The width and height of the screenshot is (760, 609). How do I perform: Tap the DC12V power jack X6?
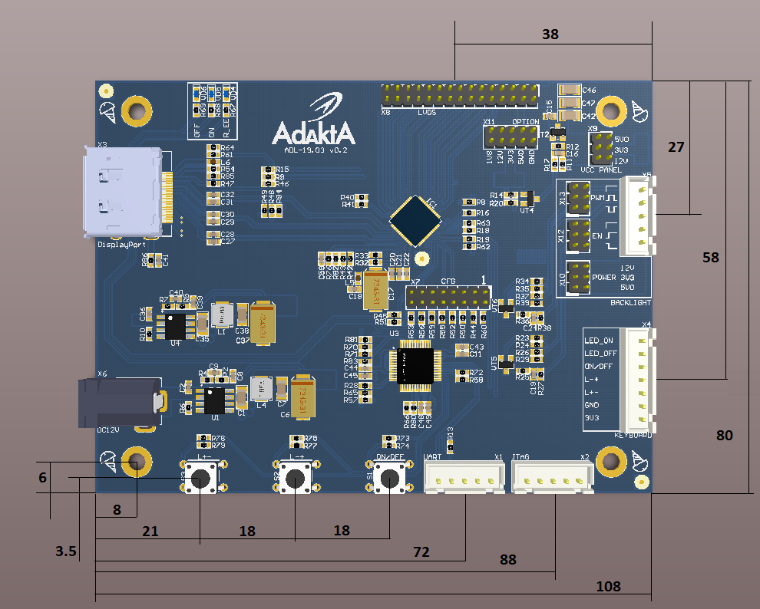click(119, 402)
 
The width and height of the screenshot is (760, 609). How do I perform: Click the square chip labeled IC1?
click(415, 219)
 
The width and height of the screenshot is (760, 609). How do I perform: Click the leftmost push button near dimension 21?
click(201, 479)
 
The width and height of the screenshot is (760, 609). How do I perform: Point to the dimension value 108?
click(609, 587)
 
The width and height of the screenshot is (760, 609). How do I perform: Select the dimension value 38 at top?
click(550, 35)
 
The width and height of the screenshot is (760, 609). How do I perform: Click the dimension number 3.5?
click(65, 551)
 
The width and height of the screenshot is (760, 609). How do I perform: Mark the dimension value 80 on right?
click(724, 435)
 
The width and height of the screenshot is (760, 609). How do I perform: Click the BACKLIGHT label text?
click(629, 303)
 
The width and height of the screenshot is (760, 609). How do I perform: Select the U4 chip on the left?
click(176, 325)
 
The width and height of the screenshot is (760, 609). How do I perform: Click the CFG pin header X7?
click(449, 296)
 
